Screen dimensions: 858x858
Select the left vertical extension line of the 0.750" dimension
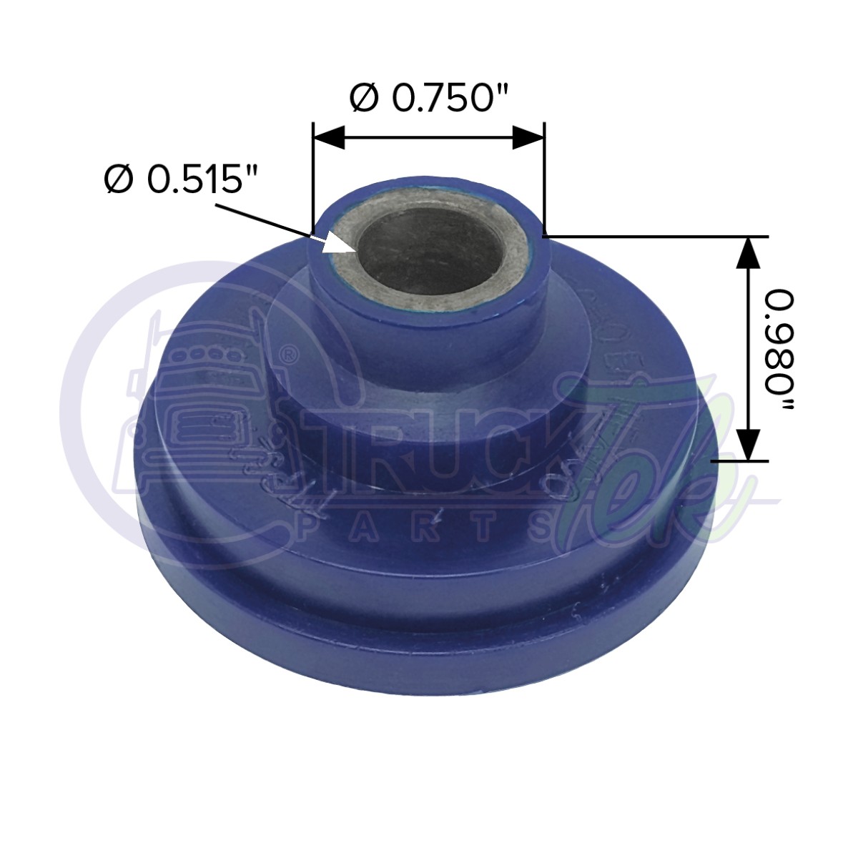[x=313, y=179]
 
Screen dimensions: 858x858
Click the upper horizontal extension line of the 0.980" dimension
[x=658, y=236]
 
